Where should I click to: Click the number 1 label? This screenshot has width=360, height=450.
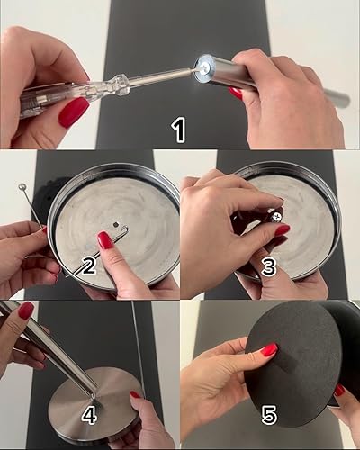(179, 130)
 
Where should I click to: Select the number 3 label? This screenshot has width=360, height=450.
(268, 267)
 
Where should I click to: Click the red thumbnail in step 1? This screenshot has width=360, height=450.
(74, 112)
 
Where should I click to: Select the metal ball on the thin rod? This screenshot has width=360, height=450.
(22, 187)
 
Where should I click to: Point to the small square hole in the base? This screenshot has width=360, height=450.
(116, 224)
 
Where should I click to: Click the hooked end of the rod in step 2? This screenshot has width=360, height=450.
(125, 230)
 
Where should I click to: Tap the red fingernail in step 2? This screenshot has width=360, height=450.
(106, 240)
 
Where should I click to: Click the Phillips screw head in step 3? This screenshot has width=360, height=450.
(277, 216)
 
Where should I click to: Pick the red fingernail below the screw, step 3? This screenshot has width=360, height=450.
(283, 230)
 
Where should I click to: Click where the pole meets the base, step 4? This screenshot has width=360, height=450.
(94, 396)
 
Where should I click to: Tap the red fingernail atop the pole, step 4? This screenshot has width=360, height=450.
(25, 310)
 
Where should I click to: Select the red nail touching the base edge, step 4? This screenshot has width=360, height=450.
(136, 394)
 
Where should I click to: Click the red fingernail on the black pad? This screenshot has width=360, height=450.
(268, 349)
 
